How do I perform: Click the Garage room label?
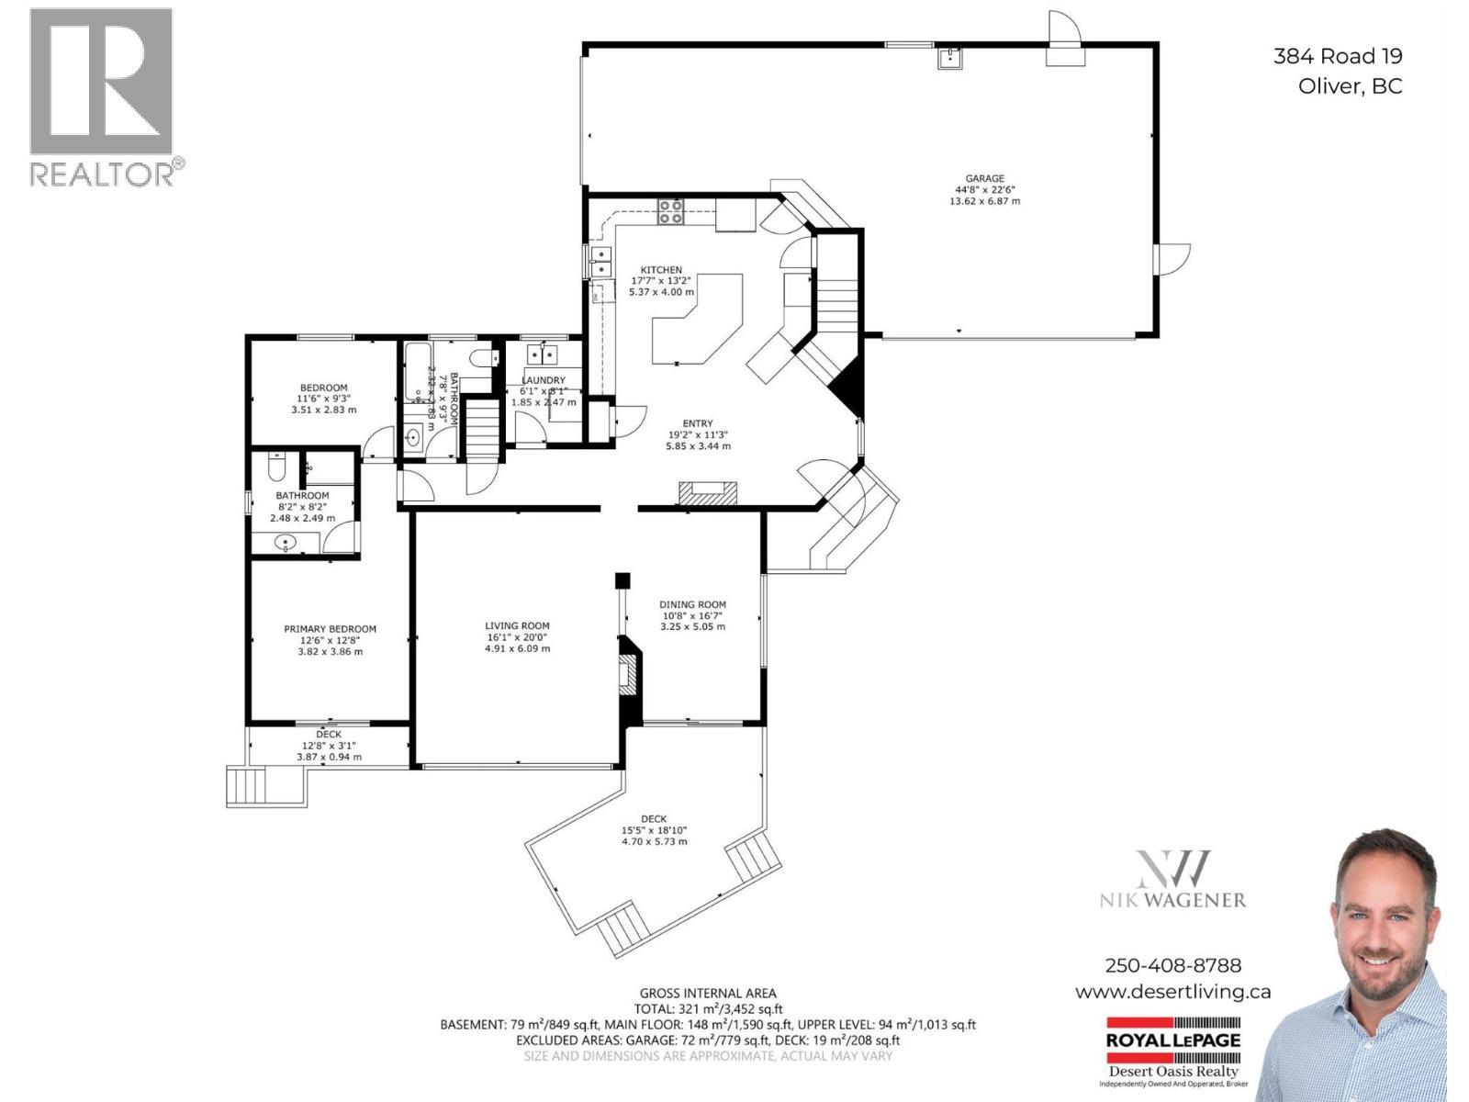[x=984, y=179]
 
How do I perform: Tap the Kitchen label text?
[x=661, y=270]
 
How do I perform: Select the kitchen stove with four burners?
[x=669, y=212]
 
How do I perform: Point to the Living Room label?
[x=517, y=625]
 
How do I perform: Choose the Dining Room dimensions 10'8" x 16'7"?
[x=691, y=616]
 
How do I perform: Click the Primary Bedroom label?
[x=330, y=629]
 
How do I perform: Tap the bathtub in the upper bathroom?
[x=415, y=372]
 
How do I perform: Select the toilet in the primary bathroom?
[x=276, y=469]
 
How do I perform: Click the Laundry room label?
[x=544, y=380]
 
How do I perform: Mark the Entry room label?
[x=698, y=423]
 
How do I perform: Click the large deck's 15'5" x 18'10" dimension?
[x=654, y=830]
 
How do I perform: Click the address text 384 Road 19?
[x=1337, y=56]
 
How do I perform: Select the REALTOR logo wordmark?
[x=103, y=174]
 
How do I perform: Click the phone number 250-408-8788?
[x=1172, y=965]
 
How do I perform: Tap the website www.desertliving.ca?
[x=1172, y=992]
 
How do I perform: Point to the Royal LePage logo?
[x=1172, y=1040]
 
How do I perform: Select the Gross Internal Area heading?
[x=707, y=993]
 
